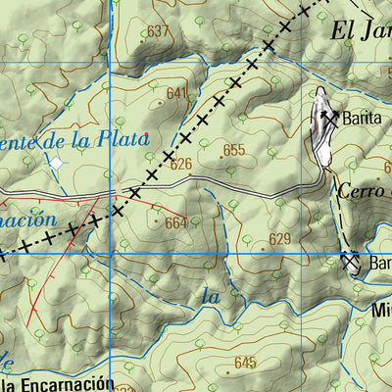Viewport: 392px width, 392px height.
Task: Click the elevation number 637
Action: [159, 32]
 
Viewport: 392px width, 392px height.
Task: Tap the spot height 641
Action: [176, 94]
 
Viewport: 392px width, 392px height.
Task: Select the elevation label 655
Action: [233, 150]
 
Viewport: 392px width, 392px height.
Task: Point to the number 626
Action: [181, 165]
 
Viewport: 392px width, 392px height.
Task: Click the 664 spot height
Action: [175, 223]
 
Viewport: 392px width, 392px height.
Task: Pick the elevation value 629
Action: [280, 239]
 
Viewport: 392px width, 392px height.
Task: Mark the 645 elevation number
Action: [245, 363]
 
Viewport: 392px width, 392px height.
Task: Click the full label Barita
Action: [361, 118]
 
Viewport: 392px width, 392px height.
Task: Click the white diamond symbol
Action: [56, 162]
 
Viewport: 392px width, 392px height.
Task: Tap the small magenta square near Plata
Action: [147, 134]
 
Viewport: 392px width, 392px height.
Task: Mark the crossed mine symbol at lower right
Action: [351, 261]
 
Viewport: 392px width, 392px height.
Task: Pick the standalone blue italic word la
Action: [210, 295]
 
